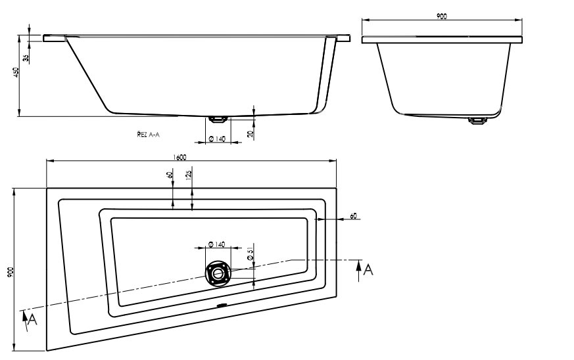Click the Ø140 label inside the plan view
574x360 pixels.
tap(216, 244)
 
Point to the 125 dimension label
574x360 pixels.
tap(189, 174)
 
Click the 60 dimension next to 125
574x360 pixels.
tap(170, 174)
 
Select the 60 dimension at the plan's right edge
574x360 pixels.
tap(354, 216)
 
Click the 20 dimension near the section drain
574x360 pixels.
tap(251, 134)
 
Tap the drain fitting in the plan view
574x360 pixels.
tap(217, 272)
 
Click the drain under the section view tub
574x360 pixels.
tap(217, 119)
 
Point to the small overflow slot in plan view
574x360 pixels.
tap(222, 305)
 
